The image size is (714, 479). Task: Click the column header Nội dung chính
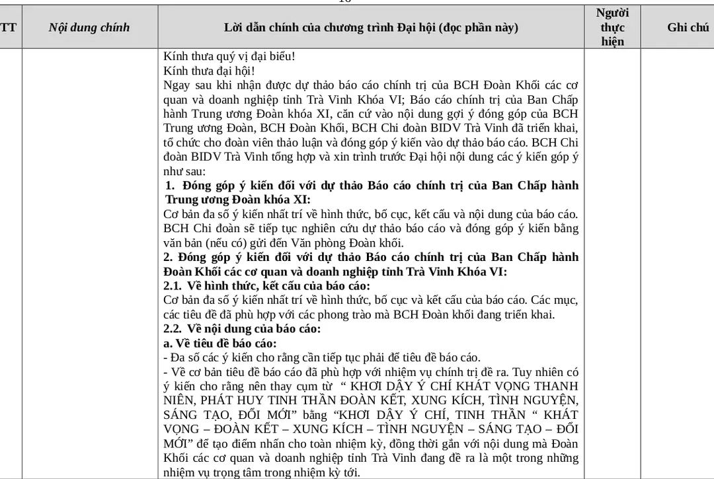coord(89,27)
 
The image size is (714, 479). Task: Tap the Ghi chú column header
coord(688,27)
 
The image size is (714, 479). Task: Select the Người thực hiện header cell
coord(612,27)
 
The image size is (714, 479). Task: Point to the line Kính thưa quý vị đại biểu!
coord(229,56)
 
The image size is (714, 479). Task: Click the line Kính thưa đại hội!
coord(209,70)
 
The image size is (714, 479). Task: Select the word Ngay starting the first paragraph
coord(176,85)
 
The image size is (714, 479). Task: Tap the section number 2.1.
coord(173,286)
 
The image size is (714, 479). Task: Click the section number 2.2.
coord(173,328)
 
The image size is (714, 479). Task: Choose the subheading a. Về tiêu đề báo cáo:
coord(220,343)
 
